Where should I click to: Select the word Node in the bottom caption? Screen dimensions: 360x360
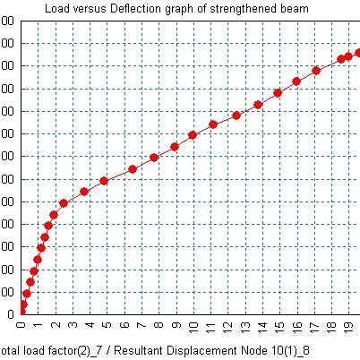(x=237, y=349)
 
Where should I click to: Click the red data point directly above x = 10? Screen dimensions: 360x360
(x=193, y=135)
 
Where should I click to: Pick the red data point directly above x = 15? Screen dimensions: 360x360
(x=278, y=93)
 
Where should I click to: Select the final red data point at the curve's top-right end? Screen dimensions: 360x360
(x=357, y=53)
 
